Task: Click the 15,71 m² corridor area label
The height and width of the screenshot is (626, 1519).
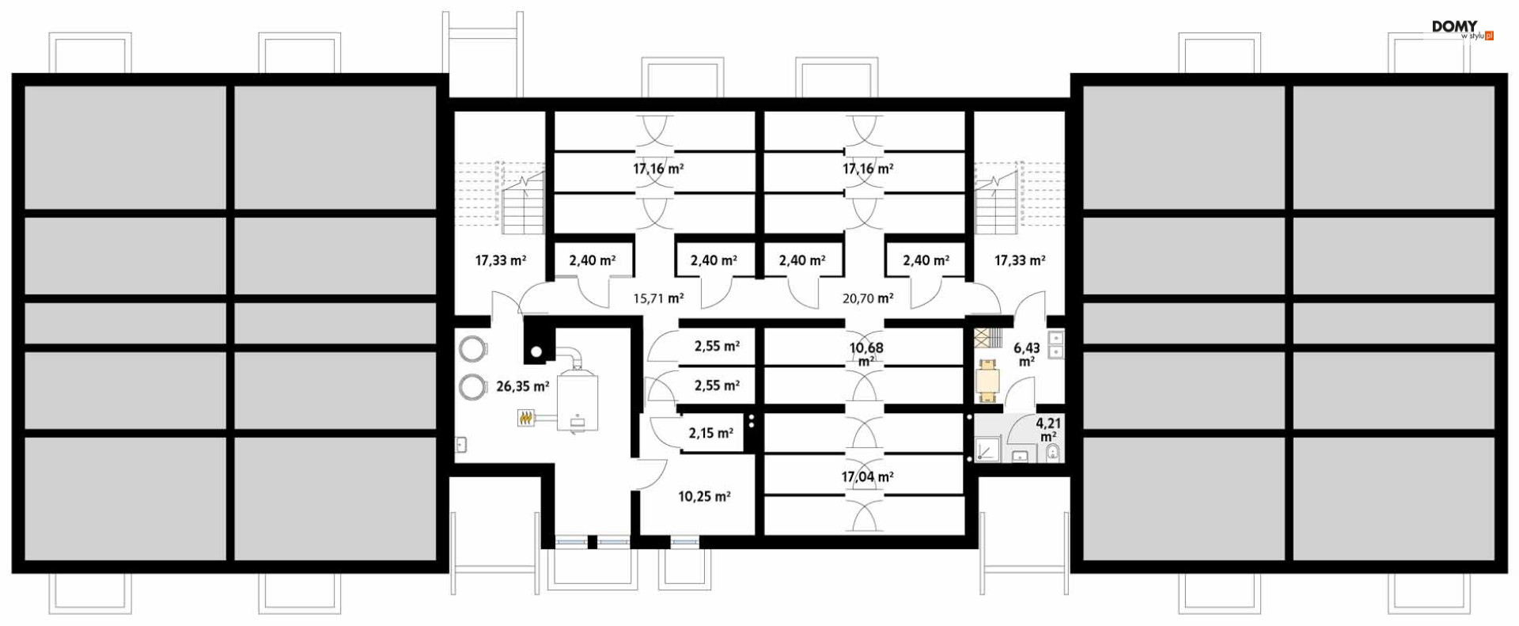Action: (x=658, y=298)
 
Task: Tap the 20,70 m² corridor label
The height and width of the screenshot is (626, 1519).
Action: (x=868, y=298)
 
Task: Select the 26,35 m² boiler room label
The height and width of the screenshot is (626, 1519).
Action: (x=522, y=386)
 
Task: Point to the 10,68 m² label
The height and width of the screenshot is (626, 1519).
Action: (x=866, y=354)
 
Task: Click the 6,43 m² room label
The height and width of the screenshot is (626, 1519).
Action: (x=1027, y=355)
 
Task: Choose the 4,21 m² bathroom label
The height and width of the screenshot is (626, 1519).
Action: (x=1048, y=430)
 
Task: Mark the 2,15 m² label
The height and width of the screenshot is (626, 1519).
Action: (x=710, y=433)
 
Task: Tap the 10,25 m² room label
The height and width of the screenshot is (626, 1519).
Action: (x=704, y=496)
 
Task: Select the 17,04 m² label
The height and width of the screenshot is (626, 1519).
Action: (x=867, y=476)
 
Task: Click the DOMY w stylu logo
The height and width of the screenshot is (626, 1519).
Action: (x=1462, y=30)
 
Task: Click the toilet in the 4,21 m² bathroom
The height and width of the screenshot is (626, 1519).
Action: (x=1053, y=453)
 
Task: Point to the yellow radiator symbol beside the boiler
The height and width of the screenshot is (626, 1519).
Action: (x=527, y=417)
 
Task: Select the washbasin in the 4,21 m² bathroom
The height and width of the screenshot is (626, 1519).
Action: (x=1021, y=455)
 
